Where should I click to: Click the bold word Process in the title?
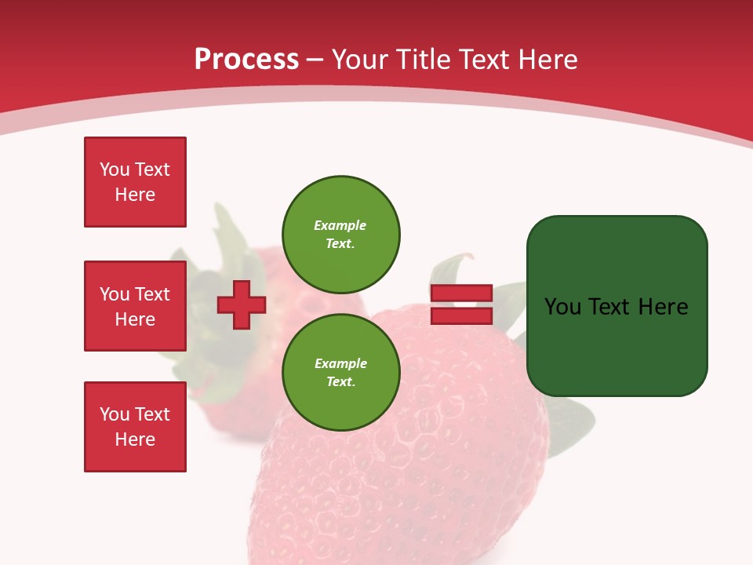[x=246, y=60]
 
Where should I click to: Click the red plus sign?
[x=242, y=305]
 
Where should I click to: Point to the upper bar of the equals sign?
[x=461, y=293]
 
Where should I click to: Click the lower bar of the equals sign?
[x=461, y=315]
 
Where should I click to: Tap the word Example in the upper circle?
[x=340, y=225]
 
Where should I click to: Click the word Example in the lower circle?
[x=340, y=363]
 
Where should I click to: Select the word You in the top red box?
[x=115, y=169]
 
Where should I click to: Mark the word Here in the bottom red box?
[x=135, y=439]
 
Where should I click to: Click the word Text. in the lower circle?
[x=340, y=382]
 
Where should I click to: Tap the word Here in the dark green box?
[x=663, y=307]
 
